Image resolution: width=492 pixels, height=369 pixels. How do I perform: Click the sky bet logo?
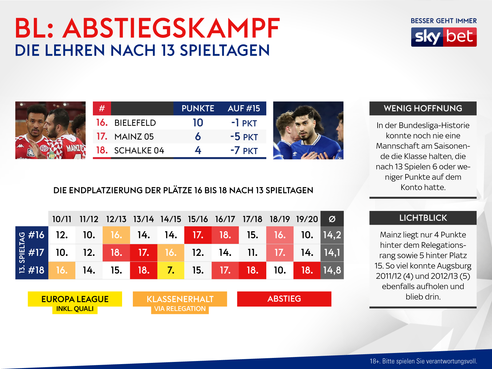444,37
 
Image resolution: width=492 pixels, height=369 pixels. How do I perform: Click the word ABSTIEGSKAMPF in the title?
171,28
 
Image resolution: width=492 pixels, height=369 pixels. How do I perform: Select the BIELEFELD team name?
135,123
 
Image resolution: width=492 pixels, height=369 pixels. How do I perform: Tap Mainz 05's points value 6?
198,137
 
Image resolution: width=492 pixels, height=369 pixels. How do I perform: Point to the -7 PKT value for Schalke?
244,151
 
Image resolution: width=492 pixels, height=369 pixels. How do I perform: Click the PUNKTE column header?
198,109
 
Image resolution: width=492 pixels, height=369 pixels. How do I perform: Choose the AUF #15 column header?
244,109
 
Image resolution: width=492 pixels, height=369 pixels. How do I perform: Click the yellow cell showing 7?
171,270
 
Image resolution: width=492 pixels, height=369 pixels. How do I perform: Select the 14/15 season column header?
171,219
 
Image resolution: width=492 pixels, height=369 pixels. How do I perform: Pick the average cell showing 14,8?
332,270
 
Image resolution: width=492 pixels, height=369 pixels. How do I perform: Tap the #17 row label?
36,253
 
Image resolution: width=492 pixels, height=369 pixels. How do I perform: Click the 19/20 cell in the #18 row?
307,270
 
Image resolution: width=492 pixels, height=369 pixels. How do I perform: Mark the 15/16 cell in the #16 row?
198,235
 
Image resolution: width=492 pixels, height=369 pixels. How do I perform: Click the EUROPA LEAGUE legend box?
75,299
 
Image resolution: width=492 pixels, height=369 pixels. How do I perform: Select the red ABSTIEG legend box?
284,299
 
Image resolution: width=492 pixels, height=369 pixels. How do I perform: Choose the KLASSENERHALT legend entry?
180,299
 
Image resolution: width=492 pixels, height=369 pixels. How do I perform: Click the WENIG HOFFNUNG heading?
423,109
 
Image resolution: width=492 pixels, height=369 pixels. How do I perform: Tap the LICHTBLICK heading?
423,218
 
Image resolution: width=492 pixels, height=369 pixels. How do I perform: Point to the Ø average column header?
332,219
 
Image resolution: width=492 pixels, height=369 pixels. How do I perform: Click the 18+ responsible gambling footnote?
423,361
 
